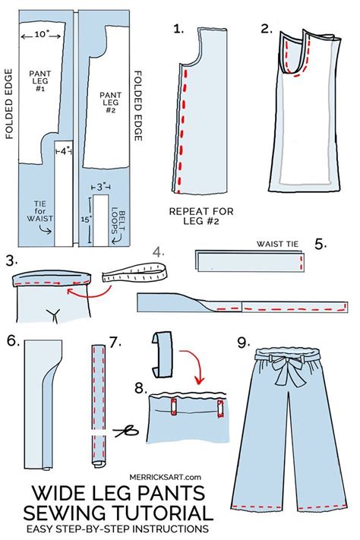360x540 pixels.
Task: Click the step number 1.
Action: point(178,30)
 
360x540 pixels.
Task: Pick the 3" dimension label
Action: point(101,186)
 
